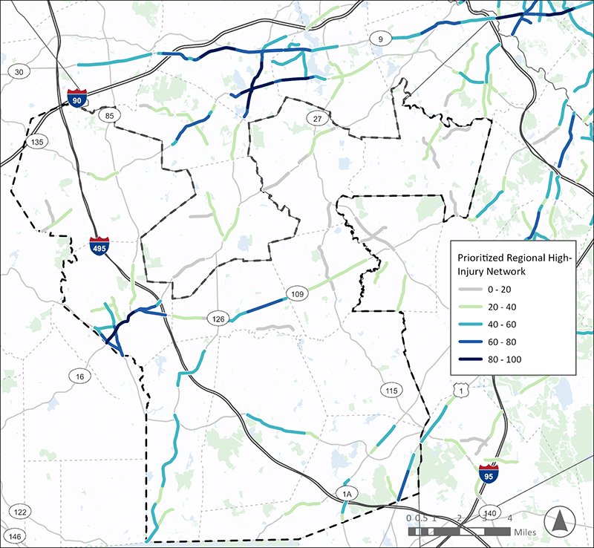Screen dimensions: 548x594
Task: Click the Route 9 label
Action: (x=380, y=39)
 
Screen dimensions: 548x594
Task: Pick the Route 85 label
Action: (x=111, y=116)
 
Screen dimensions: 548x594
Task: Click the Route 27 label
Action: (x=317, y=120)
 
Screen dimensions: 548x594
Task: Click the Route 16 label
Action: (x=80, y=376)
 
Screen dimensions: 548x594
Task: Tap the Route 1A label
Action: (x=346, y=494)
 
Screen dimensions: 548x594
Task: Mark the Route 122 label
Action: (x=20, y=512)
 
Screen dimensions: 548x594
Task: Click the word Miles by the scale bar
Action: (x=526, y=532)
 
